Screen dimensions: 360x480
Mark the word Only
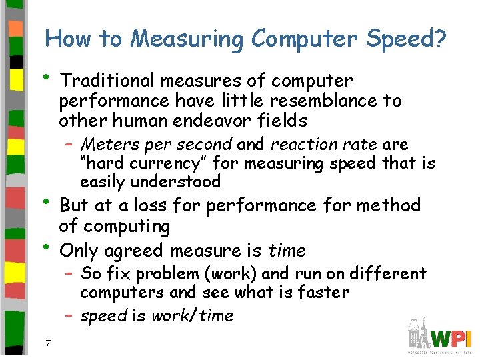pos(78,251)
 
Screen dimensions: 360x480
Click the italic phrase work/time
pos(193,316)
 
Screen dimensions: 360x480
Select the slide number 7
pos(49,343)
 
